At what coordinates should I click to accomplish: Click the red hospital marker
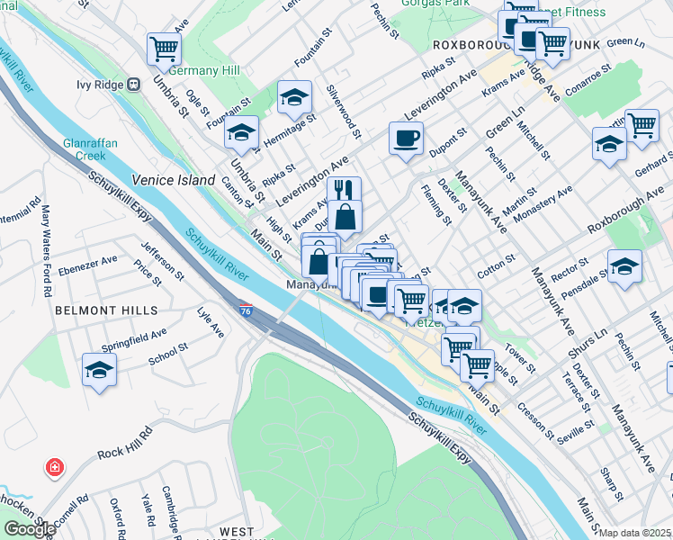click(x=56, y=468)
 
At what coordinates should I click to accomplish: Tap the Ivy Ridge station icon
click(x=133, y=85)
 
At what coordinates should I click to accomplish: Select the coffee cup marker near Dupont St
click(x=405, y=139)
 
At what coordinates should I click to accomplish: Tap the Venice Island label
click(x=174, y=180)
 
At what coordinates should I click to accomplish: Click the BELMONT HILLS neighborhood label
click(x=105, y=310)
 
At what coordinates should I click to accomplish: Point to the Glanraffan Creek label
click(x=85, y=148)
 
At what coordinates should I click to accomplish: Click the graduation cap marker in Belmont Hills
click(x=99, y=369)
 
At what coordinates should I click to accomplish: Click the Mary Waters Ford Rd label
click(x=44, y=239)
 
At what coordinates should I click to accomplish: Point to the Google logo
click(x=29, y=529)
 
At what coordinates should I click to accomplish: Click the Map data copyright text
click(x=635, y=533)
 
